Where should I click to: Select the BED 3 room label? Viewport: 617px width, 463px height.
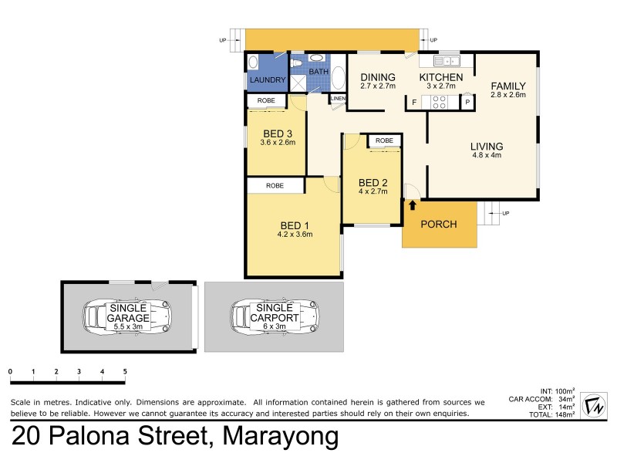click(278, 132)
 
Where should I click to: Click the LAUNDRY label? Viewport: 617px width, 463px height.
click(267, 80)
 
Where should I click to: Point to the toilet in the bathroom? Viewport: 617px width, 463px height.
click(297, 63)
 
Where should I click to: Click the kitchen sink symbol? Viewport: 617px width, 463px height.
click(446, 61)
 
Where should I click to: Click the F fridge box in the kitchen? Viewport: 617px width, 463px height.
click(414, 102)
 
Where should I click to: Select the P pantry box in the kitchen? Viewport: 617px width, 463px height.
click(467, 102)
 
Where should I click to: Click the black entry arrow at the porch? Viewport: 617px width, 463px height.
click(412, 205)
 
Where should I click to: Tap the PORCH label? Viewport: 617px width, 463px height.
click(438, 225)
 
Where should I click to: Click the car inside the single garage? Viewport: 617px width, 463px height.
click(126, 316)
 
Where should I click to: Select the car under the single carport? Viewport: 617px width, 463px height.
click(273, 316)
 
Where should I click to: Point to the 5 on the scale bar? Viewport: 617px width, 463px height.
click(125, 372)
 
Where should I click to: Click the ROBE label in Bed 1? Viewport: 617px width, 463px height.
click(275, 186)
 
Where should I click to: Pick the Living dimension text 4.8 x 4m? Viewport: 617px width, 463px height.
click(487, 155)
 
